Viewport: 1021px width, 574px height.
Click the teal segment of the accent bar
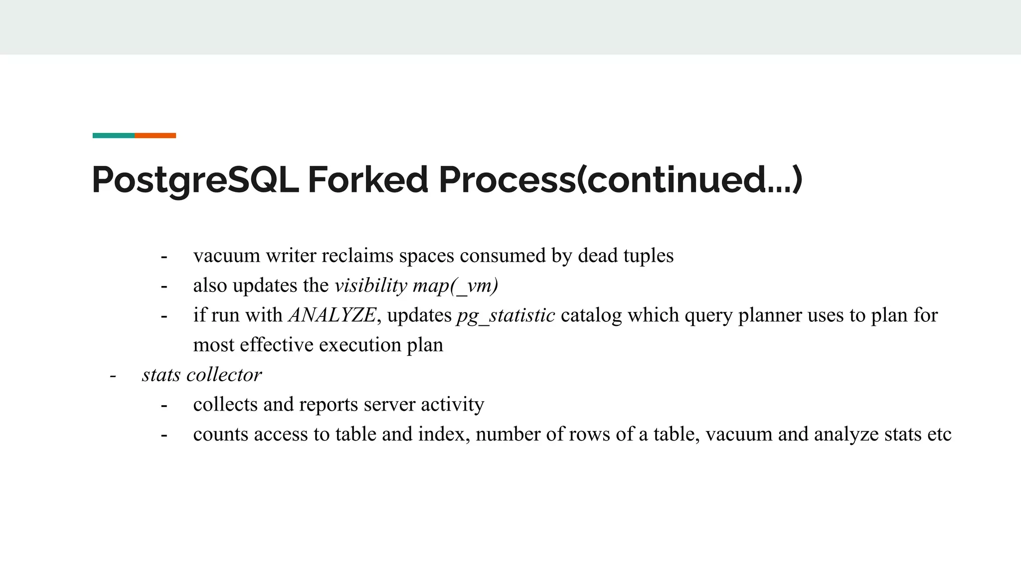[x=113, y=136]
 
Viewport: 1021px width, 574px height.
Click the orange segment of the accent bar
[x=155, y=136]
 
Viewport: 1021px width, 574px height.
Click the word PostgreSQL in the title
[x=195, y=180]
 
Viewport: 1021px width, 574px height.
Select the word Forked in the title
[x=367, y=180]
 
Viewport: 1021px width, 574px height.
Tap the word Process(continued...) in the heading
[x=620, y=180]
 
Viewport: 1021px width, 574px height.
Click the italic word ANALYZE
[x=332, y=315]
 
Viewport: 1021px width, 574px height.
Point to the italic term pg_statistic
[x=505, y=315]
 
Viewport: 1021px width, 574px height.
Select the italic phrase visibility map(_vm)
[x=416, y=286]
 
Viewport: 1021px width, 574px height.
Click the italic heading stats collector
[x=201, y=375]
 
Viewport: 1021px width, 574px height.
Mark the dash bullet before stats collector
[x=113, y=375]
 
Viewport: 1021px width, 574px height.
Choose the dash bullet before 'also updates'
[x=164, y=286]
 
